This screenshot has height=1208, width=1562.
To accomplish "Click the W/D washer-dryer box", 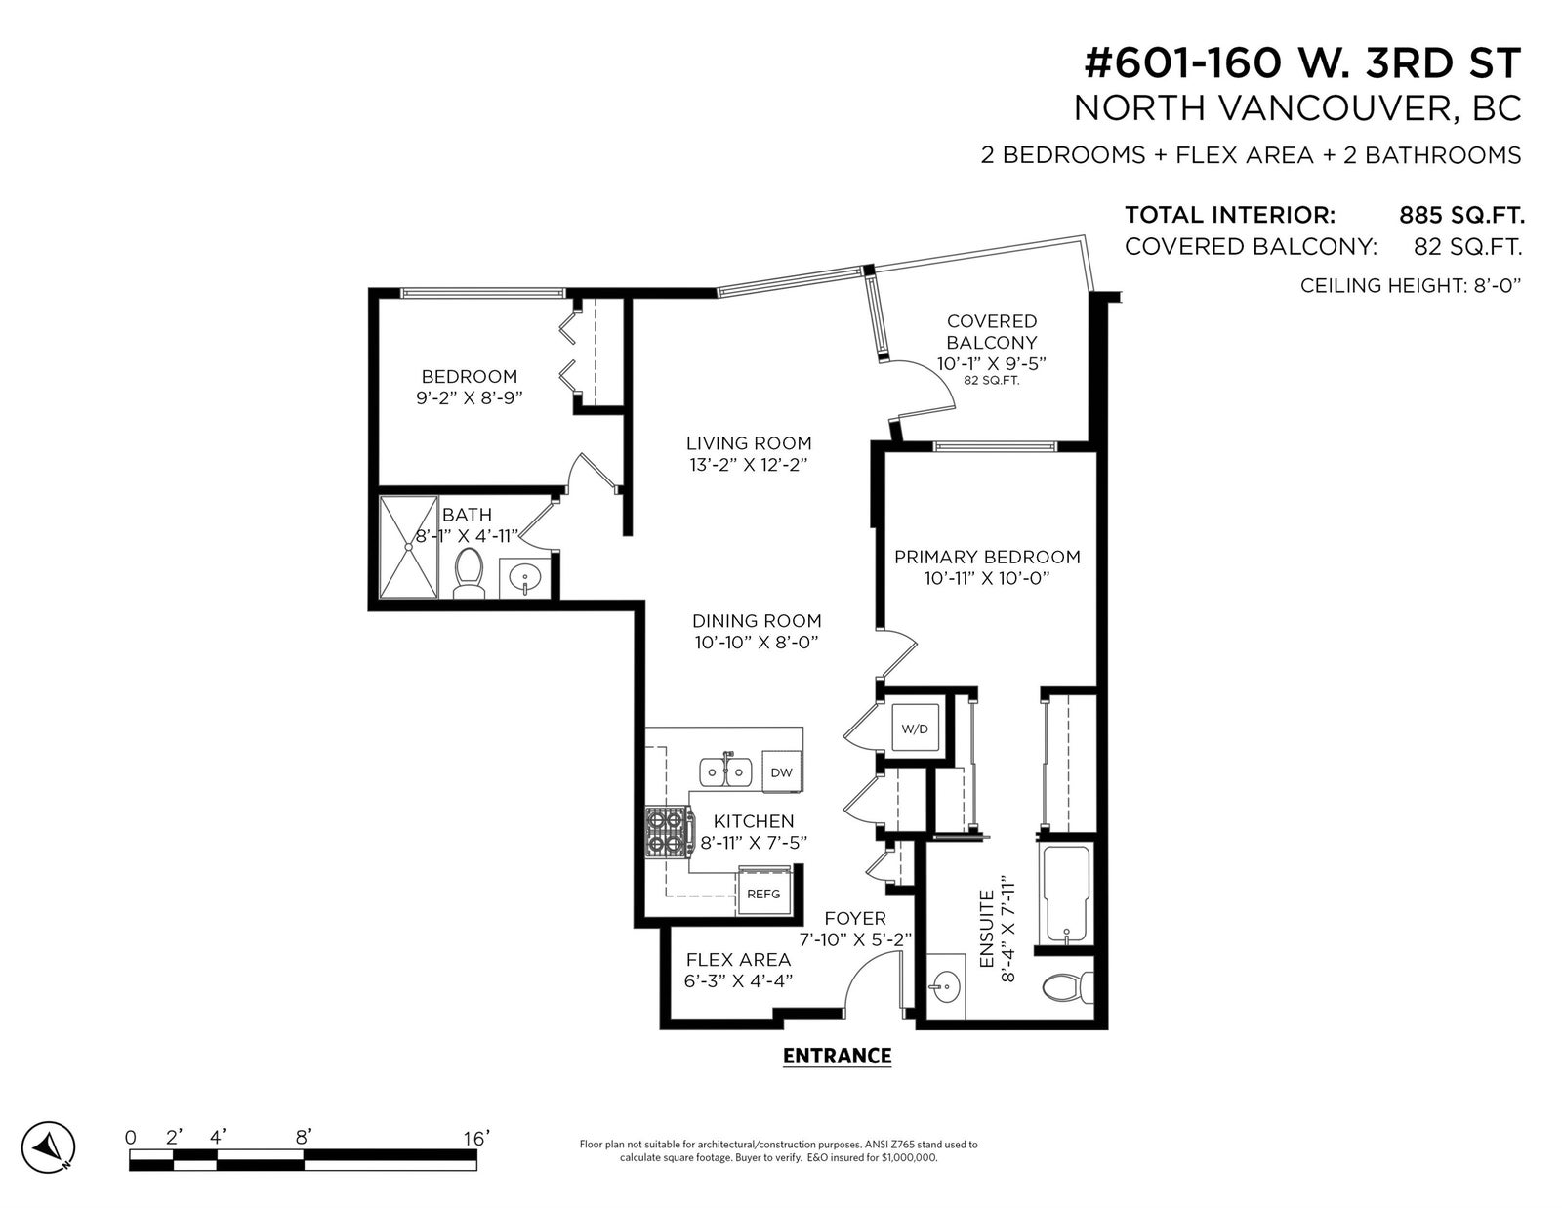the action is pos(915,729).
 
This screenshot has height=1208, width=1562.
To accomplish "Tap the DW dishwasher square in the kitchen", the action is pos(781,772).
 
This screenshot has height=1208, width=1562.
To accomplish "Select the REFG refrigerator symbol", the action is pos(763,894).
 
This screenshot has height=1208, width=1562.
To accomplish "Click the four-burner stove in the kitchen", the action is pos(670,832).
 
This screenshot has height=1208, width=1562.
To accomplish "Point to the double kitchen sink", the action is pos(726,772).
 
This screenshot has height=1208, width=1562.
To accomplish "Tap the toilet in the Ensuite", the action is pos(1068,987).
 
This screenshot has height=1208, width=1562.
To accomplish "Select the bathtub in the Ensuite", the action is pos(1067,896).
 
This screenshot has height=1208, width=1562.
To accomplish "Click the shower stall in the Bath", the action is pos(408,547).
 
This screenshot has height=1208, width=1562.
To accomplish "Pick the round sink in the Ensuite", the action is pos(946,985).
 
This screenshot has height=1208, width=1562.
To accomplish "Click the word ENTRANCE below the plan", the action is pos(837,1057).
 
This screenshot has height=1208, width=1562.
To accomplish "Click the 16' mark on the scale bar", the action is pos(476,1138).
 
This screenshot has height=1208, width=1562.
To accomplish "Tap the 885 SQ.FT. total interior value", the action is pos(1461,215).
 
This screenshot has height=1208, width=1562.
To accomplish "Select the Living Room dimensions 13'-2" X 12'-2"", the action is pos(749,465).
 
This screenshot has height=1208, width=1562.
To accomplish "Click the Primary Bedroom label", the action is pos(987,557).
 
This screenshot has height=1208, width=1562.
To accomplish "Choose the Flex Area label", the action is pos(738,960).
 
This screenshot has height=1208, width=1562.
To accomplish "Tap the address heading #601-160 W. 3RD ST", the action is pos(1302,63).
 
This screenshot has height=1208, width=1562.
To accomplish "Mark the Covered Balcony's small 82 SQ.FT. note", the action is pos(991,381).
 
